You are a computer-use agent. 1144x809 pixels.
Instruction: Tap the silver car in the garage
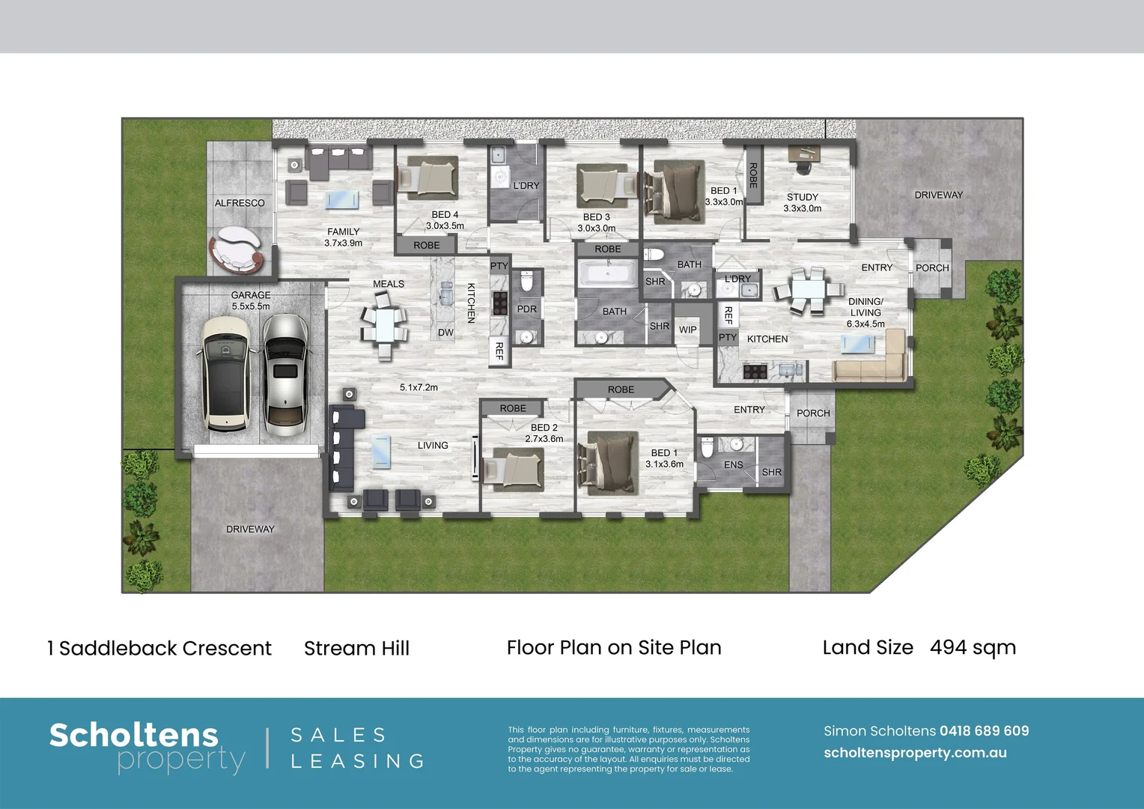(285, 375)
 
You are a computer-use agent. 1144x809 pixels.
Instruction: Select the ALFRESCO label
(240, 203)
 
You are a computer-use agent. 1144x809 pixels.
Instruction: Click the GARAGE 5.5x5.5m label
(251, 300)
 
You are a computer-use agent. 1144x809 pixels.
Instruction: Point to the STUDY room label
(803, 197)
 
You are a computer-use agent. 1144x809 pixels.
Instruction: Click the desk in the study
(804, 154)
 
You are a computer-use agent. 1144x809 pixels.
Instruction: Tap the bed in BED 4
(428, 178)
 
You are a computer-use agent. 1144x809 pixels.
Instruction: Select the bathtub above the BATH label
(608, 273)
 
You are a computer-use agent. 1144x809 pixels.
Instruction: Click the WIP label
(687, 330)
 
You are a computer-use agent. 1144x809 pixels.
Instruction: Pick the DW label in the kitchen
(445, 332)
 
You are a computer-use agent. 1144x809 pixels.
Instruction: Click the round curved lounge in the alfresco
(237, 249)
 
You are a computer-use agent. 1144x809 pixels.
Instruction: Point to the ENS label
(734, 464)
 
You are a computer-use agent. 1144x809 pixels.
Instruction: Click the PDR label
(526, 309)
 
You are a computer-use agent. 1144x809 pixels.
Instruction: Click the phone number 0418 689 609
(984, 731)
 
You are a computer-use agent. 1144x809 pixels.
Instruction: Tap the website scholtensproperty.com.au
(915, 753)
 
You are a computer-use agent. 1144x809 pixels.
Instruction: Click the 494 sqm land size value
(973, 647)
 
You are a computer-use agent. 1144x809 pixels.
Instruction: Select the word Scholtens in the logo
(134, 736)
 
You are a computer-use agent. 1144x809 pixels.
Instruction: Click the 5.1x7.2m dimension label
(419, 387)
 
